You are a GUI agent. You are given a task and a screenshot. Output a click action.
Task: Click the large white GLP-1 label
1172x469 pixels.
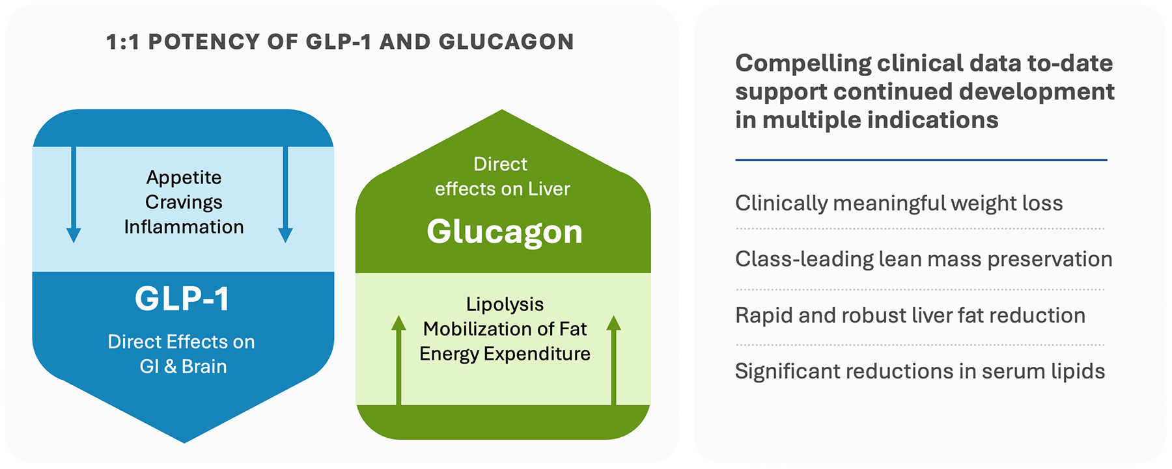tap(182, 299)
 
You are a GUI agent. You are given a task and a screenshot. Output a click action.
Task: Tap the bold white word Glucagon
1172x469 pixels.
tap(504, 232)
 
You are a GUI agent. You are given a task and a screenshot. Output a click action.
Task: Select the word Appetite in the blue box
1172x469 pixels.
tap(184, 178)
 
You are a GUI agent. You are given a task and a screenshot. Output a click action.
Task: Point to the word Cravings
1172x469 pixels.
tap(184, 202)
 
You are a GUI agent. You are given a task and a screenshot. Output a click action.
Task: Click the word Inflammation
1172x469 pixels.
tap(184, 227)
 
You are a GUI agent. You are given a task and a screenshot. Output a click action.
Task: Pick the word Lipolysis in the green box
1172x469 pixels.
tap(505, 304)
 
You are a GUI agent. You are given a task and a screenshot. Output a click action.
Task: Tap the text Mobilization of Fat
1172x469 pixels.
tap(505, 329)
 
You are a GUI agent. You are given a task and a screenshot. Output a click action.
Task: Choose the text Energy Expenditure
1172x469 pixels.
tap(505, 354)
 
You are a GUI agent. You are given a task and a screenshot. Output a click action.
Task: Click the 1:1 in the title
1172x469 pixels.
tap(122, 42)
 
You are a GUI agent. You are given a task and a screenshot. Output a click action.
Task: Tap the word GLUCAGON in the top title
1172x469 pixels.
tap(506, 42)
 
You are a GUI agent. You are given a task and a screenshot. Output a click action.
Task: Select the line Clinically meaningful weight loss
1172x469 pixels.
tap(899, 204)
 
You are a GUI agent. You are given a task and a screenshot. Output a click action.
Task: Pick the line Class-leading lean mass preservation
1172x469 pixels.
tap(923, 260)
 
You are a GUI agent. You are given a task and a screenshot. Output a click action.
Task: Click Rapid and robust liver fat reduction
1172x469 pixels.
tap(910, 315)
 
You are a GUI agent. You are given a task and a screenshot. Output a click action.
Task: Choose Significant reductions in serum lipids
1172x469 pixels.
tap(919, 371)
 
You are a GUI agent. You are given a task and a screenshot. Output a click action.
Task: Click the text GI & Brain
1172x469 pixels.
tap(183, 367)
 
